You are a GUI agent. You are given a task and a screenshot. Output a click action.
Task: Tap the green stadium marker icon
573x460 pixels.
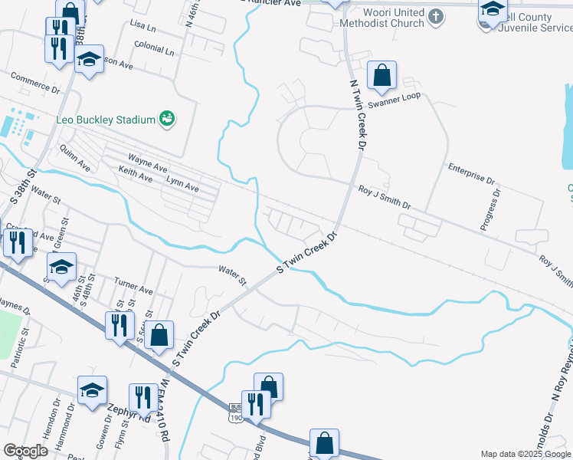tap(166, 119)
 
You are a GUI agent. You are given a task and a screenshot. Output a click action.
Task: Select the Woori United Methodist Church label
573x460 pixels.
tap(383, 18)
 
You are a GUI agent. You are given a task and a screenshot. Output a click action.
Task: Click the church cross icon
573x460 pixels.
tap(435, 16)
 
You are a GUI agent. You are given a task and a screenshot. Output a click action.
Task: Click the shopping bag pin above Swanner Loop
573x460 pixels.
tap(381, 77)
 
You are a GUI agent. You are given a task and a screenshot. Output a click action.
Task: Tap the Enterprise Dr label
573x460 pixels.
tap(472, 173)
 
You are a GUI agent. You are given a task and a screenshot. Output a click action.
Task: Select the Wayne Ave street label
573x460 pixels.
tap(148, 163)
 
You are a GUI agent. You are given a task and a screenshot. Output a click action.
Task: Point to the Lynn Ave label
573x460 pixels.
tap(182, 183)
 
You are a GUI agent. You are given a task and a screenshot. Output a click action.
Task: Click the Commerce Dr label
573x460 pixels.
tap(34, 83)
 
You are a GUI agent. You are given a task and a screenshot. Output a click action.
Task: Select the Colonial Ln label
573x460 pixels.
tap(153, 50)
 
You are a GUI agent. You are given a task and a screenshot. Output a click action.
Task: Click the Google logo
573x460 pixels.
tap(25, 450)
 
